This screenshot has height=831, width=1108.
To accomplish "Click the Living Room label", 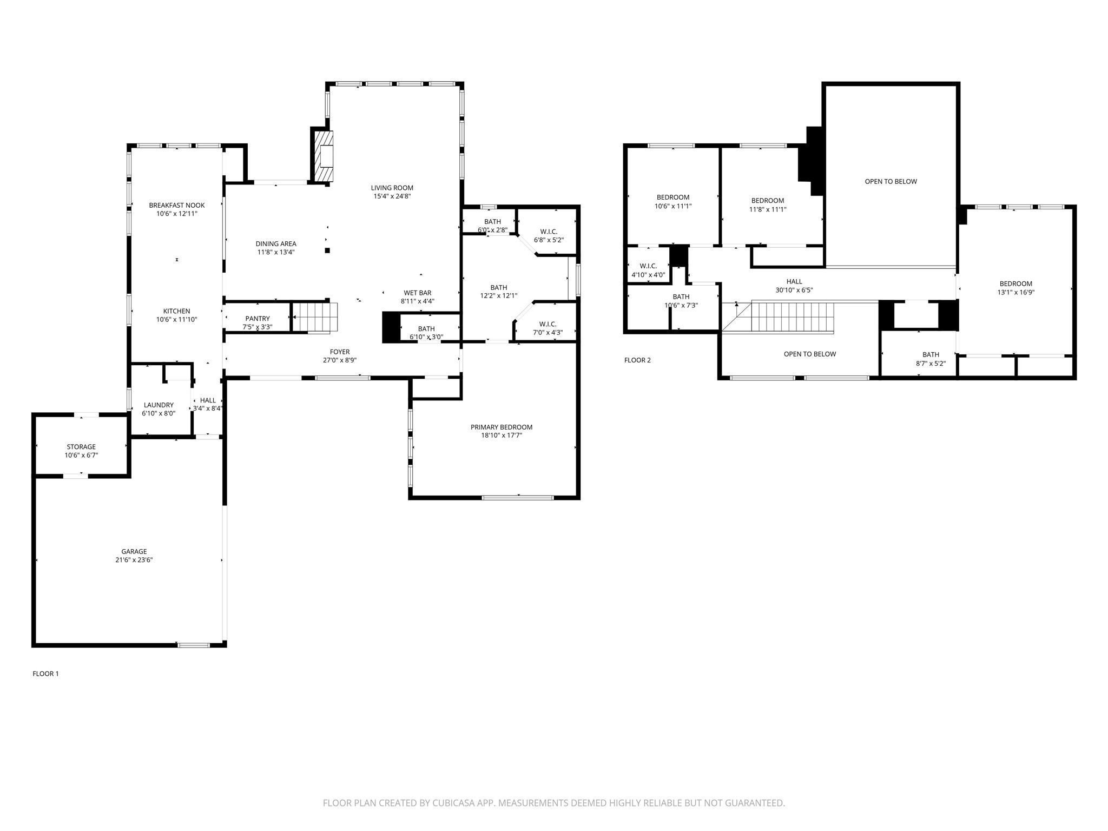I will (392, 188).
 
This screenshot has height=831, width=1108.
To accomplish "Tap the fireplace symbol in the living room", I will (325, 156).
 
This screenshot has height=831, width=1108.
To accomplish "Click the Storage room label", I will (81, 447).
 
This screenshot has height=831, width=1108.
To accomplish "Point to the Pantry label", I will (257, 319).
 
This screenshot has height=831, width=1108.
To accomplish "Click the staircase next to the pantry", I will (315, 317).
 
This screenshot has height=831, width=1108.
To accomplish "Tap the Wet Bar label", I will (417, 293).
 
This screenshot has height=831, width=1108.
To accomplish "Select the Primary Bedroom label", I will (501, 427).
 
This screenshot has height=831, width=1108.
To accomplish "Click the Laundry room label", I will (159, 405).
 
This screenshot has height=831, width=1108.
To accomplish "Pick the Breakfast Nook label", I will (177, 206).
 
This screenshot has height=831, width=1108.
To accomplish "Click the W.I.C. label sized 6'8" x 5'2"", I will (549, 232).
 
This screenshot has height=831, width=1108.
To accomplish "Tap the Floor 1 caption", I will (45, 674).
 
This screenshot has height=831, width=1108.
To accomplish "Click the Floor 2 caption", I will (637, 360).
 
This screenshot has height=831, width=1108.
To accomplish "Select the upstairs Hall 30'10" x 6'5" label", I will (794, 282).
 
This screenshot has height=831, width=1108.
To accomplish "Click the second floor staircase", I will (792, 318).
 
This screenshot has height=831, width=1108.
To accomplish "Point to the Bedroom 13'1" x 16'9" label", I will (1015, 284).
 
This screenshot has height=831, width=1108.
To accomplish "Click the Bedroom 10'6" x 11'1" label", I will (673, 197).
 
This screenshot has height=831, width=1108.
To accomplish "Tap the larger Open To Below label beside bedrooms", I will (891, 182).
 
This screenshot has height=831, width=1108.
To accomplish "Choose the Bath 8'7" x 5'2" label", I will (931, 355).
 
